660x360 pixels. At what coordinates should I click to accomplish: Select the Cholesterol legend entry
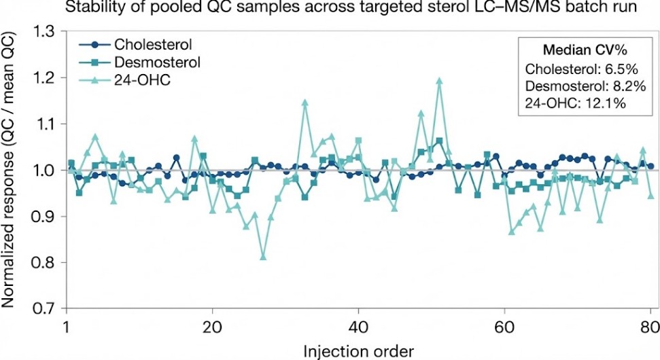point(153,45)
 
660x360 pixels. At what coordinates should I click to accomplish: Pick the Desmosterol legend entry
point(157,62)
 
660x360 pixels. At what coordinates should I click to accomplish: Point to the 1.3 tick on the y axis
point(46,31)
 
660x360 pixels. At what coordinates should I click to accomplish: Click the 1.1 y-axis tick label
point(46,124)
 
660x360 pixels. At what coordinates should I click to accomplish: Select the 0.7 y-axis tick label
point(46,308)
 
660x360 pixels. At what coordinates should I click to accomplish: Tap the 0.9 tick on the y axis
point(46,216)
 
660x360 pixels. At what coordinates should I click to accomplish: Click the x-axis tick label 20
point(213,325)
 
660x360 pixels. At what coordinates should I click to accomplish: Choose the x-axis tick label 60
point(504,325)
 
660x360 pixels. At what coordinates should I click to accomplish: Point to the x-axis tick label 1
point(67,325)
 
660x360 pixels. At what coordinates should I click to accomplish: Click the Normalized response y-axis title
point(12,170)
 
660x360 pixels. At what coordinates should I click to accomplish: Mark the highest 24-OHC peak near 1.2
point(439,81)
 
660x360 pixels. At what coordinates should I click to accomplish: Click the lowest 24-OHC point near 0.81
point(263,257)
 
